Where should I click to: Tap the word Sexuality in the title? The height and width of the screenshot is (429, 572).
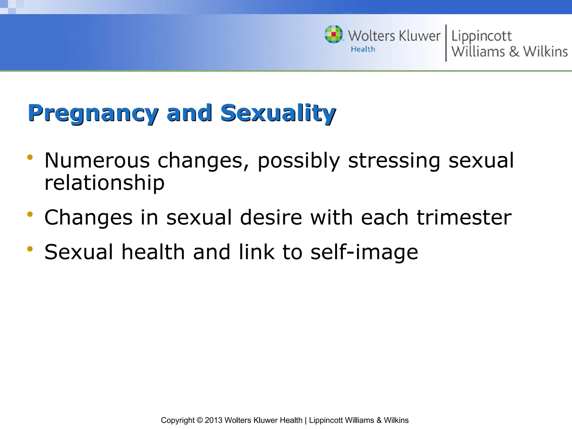[x=278, y=113]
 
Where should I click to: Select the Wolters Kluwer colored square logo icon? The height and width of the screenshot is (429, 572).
[x=333, y=34]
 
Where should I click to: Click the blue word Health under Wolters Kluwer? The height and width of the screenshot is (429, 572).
[x=363, y=49]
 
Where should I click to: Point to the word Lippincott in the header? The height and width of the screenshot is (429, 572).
[x=481, y=36]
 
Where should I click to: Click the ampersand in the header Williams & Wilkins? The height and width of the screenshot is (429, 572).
[x=514, y=52]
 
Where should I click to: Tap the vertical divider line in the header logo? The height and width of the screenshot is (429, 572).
[x=446, y=43]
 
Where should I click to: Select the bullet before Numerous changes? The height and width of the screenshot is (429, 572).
[x=30, y=157]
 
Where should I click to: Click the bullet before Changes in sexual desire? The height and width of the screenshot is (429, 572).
[x=30, y=214]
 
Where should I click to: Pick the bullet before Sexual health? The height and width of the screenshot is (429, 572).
[x=30, y=249]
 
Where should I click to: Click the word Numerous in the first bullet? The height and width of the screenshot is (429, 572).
[x=97, y=161]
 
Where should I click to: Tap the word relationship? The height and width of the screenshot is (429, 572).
[x=104, y=183]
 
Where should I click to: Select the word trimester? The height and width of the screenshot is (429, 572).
[x=464, y=218]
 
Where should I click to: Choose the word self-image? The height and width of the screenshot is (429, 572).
[x=364, y=252]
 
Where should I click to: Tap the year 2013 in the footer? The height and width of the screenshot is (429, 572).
[x=214, y=420]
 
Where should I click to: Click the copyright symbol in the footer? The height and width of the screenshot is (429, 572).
[x=200, y=420]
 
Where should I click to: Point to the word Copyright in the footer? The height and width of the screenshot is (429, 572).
[x=178, y=421]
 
